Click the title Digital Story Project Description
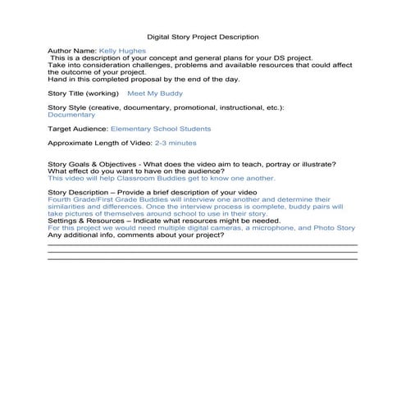click(203, 37)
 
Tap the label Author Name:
click(72, 51)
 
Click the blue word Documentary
click(71, 115)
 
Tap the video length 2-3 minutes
click(177, 144)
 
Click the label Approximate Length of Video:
click(100, 144)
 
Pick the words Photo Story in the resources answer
click(335, 227)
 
